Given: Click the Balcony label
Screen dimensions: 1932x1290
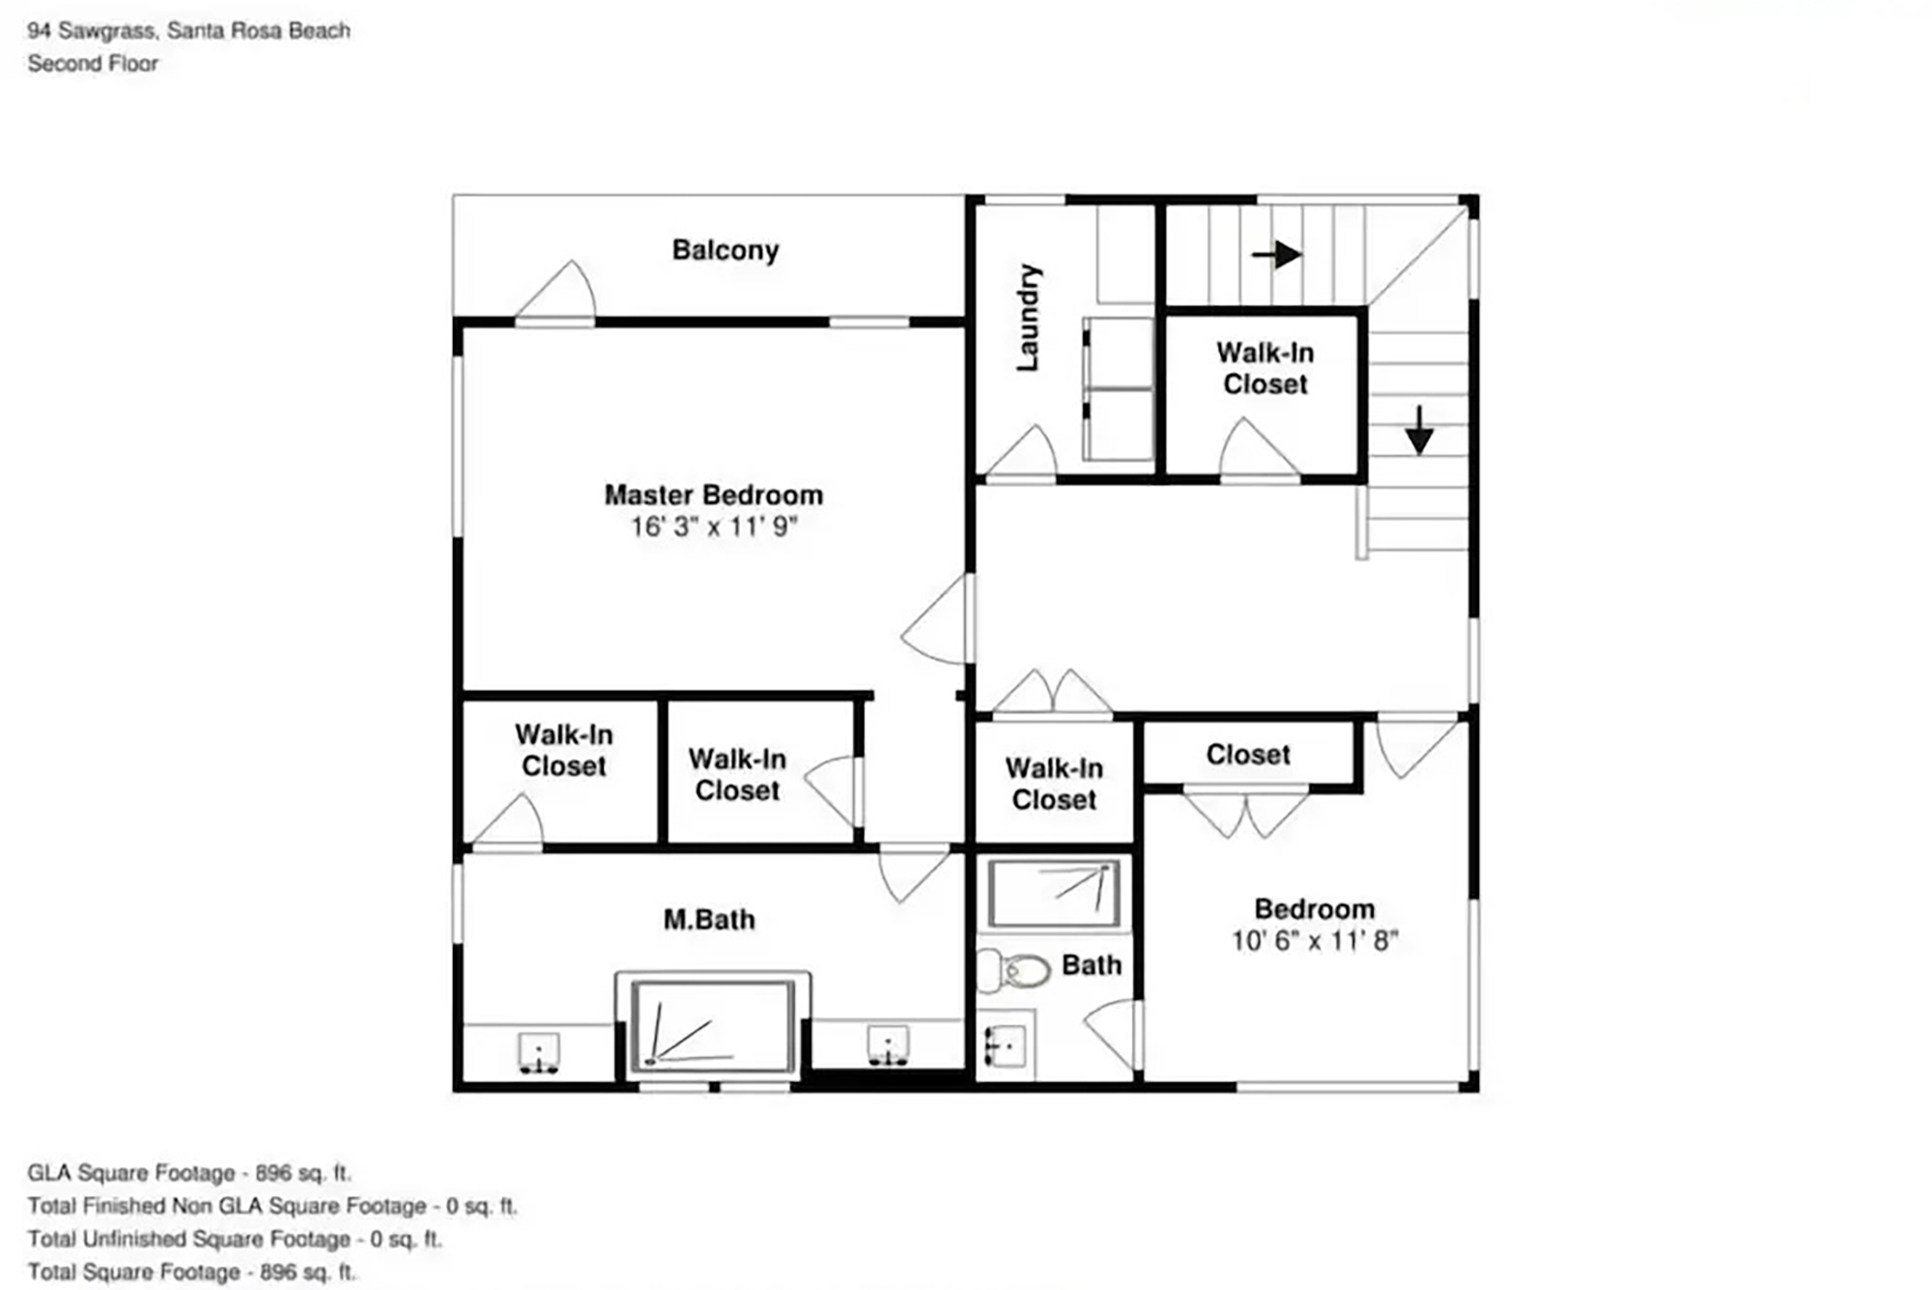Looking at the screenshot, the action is (725, 250).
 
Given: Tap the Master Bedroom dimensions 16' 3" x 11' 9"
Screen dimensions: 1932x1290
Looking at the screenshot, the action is (714, 527).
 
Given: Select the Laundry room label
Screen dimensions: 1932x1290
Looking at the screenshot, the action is (1028, 317).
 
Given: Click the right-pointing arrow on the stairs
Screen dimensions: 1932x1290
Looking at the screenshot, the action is (1277, 255).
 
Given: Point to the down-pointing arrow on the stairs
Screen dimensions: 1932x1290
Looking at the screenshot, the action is (1418, 431).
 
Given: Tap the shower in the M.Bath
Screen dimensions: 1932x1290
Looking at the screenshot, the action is (713, 1025).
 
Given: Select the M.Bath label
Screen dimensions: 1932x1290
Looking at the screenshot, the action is (709, 919).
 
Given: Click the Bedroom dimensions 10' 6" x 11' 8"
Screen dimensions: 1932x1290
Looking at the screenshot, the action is (1315, 940).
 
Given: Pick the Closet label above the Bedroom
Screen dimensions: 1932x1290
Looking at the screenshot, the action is (1248, 755).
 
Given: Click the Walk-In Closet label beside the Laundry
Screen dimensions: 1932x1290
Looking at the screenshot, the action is (1264, 368).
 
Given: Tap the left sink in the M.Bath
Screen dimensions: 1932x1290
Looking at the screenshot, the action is (539, 1053).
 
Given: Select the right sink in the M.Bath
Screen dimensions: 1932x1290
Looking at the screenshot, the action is (888, 1046).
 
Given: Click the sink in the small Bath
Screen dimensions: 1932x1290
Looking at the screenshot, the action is (1006, 1045).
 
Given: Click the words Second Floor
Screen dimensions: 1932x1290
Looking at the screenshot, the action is (93, 64).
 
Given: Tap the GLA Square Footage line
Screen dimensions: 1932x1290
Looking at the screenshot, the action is (189, 1173).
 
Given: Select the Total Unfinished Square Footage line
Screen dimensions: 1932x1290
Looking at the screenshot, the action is (235, 1239).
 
